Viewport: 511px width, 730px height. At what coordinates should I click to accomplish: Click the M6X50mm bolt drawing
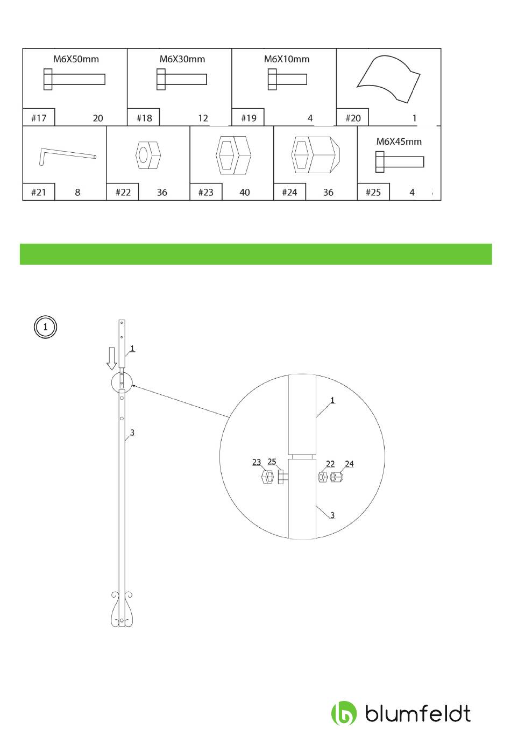coord(74,79)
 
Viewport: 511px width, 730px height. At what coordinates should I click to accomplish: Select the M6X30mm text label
coord(182,59)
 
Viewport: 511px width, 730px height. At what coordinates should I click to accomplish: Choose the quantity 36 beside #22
coord(162,192)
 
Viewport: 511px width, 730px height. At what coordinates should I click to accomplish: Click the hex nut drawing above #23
coord(233,155)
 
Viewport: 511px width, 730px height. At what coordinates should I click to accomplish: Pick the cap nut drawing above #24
coord(316,155)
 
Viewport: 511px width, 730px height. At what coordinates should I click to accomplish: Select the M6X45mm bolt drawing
coord(400,161)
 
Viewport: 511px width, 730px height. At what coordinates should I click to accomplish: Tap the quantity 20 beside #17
coord(98,118)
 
